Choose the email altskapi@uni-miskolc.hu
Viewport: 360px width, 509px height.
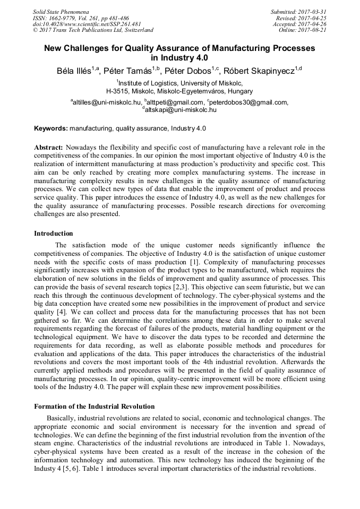coord(181,110)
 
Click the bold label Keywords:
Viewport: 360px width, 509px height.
coord(51,128)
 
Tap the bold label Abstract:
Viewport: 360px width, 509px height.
coord(49,147)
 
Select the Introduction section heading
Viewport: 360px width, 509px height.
coord(54,233)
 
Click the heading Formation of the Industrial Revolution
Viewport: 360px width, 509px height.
coord(94,407)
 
